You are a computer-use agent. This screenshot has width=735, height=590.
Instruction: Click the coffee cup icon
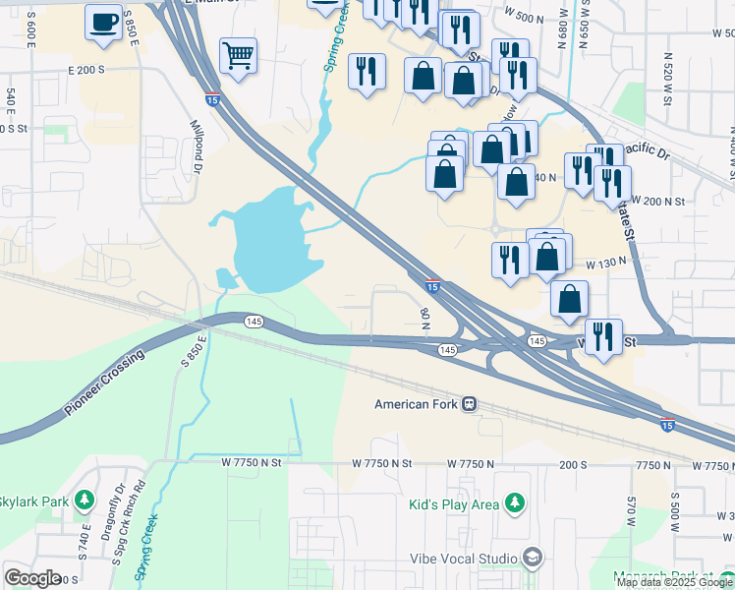point(103,21)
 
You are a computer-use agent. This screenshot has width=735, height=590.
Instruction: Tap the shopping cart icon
point(238,56)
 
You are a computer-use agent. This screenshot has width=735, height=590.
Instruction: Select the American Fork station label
point(417,404)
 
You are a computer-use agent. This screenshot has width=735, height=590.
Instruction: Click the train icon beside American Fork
point(470,404)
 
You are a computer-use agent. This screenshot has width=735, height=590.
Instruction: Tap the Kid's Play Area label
point(453,504)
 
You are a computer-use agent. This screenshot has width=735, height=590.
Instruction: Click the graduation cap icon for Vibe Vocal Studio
point(533,559)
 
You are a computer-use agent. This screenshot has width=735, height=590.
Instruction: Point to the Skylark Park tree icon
point(85,501)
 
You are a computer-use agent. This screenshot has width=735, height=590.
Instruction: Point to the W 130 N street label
point(606,265)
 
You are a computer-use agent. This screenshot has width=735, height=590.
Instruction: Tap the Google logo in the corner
point(33,577)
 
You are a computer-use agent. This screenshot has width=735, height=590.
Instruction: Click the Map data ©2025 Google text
point(674,582)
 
